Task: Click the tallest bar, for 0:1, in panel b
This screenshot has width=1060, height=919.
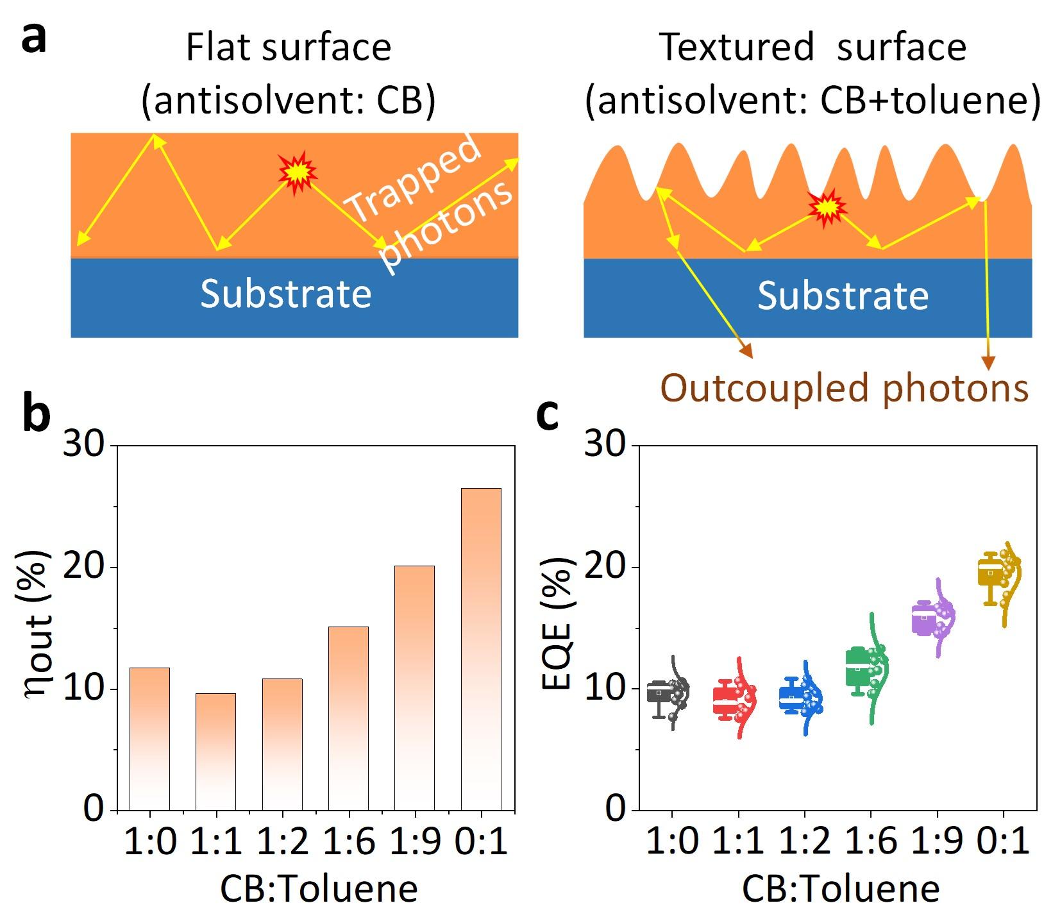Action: point(481,649)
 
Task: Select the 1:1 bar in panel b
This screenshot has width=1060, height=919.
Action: point(215,752)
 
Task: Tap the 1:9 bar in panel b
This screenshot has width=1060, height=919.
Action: point(414,687)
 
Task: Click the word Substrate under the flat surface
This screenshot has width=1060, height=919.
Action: point(285,294)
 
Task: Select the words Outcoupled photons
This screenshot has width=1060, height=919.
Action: point(844,389)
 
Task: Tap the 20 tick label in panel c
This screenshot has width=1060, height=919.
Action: point(605,568)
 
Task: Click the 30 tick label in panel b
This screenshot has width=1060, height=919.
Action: point(83,444)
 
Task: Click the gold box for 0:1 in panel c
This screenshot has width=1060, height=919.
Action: point(989,572)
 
